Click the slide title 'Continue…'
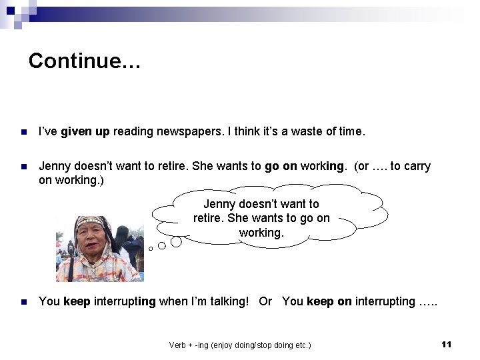click(85, 61)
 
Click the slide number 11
click(447, 344)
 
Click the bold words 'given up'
click(85, 132)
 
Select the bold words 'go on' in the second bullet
click(281, 166)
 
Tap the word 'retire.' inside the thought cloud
click(209, 218)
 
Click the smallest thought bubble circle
click(151, 249)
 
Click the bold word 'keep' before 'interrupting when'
click(76, 301)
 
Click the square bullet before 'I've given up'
click(24, 133)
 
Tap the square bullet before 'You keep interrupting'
click(24, 302)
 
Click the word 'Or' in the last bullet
click(265, 301)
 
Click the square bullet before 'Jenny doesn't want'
click(24, 167)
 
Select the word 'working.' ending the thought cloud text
click(261, 233)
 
